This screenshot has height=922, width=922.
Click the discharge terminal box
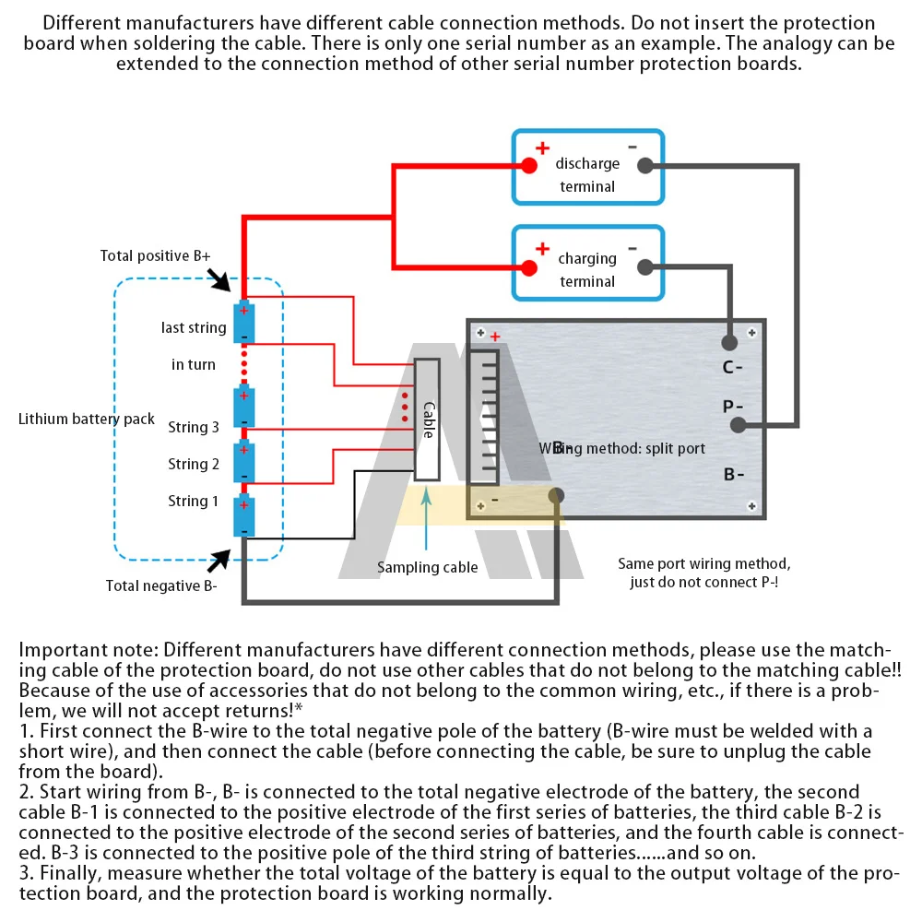(587, 167)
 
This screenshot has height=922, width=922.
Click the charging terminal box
(587, 263)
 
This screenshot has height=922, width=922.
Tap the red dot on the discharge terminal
(528, 166)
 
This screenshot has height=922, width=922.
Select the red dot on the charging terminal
(528, 267)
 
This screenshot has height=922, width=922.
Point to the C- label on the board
(733, 368)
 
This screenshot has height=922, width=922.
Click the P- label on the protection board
(733, 407)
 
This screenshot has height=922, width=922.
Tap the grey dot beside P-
(738, 425)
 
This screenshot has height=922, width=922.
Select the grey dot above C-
(729, 343)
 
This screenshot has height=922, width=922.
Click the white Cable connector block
(427, 420)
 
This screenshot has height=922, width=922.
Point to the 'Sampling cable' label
(428, 568)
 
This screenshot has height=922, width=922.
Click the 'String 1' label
(194, 502)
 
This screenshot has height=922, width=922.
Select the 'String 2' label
(194, 465)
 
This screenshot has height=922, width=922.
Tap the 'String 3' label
(194, 428)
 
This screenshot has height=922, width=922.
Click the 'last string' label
(194, 328)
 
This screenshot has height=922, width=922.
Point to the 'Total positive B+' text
(156, 256)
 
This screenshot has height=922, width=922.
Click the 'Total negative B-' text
(161, 585)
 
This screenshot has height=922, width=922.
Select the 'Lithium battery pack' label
(87, 420)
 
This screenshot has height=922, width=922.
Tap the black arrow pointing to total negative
(219, 560)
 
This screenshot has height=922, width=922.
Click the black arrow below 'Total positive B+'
(221, 278)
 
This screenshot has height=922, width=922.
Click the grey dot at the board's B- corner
(556, 497)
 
